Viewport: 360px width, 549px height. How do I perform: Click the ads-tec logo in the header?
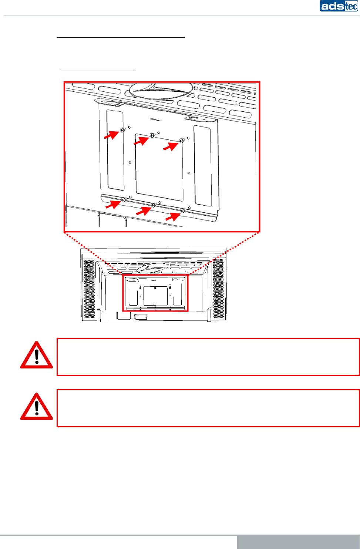click(x=339, y=6)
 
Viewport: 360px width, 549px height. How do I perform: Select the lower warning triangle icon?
click(x=36, y=407)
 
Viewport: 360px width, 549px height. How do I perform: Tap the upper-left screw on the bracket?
click(x=122, y=130)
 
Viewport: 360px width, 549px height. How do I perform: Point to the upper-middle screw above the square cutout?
click(x=152, y=135)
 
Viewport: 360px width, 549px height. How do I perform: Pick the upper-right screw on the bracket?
click(x=181, y=141)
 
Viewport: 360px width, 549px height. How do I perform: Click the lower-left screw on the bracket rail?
click(x=124, y=200)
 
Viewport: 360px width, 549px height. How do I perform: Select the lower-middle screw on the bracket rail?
click(x=153, y=205)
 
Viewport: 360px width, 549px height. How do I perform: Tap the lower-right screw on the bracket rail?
click(x=182, y=210)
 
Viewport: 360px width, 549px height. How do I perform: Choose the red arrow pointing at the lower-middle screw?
click(x=144, y=211)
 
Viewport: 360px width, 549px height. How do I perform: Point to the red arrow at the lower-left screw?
click(x=113, y=204)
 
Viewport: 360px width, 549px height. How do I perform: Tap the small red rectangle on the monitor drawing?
click(x=155, y=293)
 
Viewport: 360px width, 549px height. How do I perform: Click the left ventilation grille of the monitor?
click(x=89, y=289)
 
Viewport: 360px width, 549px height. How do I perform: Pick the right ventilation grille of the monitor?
click(x=219, y=289)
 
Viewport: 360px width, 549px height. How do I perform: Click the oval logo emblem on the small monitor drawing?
click(x=152, y=267)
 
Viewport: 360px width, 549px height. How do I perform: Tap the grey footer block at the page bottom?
click(x=298, y=542)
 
